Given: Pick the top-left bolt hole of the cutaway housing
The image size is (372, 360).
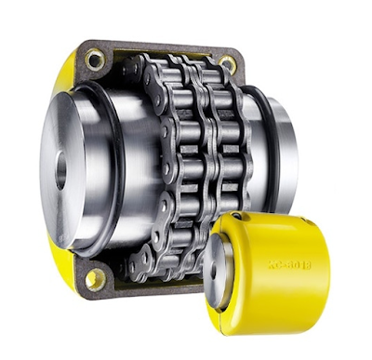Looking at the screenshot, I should (95, 60).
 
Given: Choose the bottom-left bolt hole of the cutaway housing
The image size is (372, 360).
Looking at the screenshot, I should (93, 277).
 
